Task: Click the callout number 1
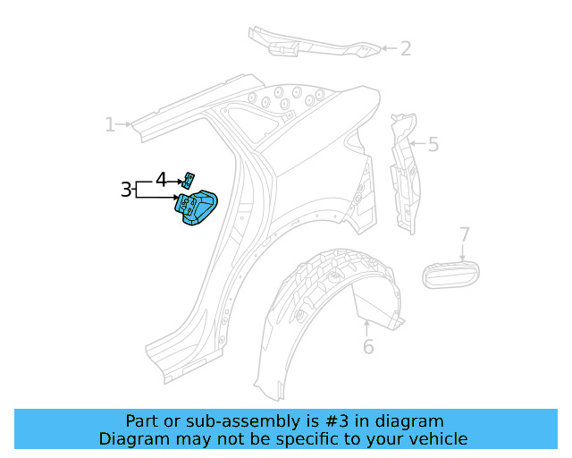pyautogui.click(x=110, y=124)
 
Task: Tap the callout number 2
pyautogui.click(x=405, y=48)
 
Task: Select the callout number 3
pyautogui.click(x=126, y=190)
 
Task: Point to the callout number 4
pyautogui.click(x=161, y=179)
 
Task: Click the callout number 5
pyautogui.click(x=433, y=144)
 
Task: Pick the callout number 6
pyautogui.click(x=368, y=347)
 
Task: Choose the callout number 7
pyautogui.click(x=464, y=235)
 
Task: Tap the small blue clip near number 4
pyautogui.click(x=189, y=176)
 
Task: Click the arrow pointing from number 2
pyautogui.click(x=388, y=48)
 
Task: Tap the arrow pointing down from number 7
pyautogui.click(x=464, y=252)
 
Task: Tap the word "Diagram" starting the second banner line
pyautogui.click(x=133, y=439)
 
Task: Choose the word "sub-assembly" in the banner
pyautogui.click(x=278, y=421)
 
